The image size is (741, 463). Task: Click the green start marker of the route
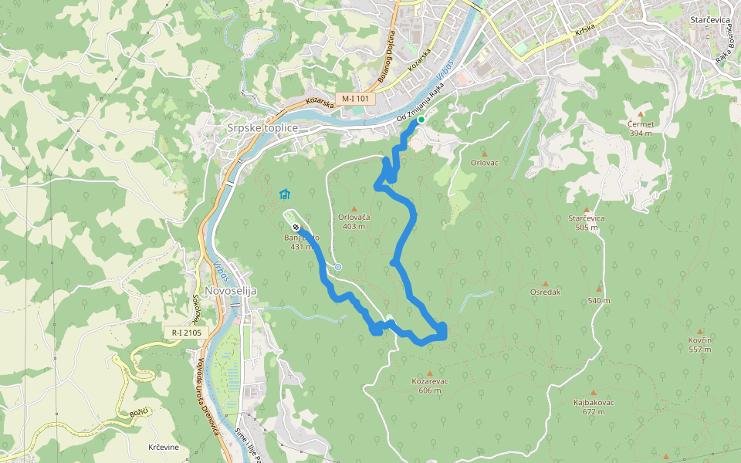pos(421,120)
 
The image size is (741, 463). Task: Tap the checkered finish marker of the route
pos(296,227)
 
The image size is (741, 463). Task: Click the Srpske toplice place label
pos(263,127)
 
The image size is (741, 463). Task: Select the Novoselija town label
pos(230,290)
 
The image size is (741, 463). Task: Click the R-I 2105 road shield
pos(187,333)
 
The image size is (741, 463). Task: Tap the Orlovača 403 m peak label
pos(354,221)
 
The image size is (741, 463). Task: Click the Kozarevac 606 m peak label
pos(431,385)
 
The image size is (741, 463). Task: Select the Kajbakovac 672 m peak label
pos(594,407)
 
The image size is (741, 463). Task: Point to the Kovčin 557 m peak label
pos(700,344)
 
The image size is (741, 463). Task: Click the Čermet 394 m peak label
pos(641,128)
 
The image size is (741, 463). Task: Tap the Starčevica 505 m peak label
pos(588,222)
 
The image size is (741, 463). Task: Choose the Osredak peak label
pos(545,292)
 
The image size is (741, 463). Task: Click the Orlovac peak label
pos(484,163)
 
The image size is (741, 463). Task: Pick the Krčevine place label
pos(164,448)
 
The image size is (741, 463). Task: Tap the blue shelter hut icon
pos(285,194)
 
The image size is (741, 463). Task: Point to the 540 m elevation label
pos(598,301)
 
